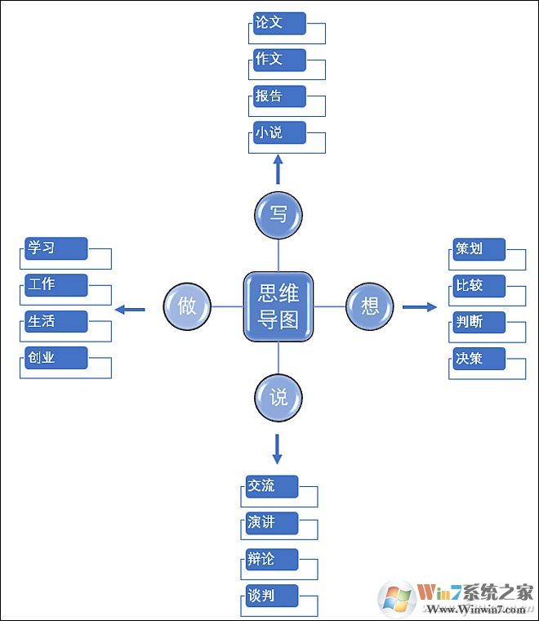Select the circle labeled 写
tap(278, 215)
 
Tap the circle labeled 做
tap(187, 306)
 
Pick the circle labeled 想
tap(369, 306)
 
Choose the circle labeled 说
tap(278, 398)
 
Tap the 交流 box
tap(272, 486)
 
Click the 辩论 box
tap(272, 560)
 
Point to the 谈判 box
tap(272, 596)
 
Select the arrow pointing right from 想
tap(420, 307)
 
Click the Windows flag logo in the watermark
tap(397, 598)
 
